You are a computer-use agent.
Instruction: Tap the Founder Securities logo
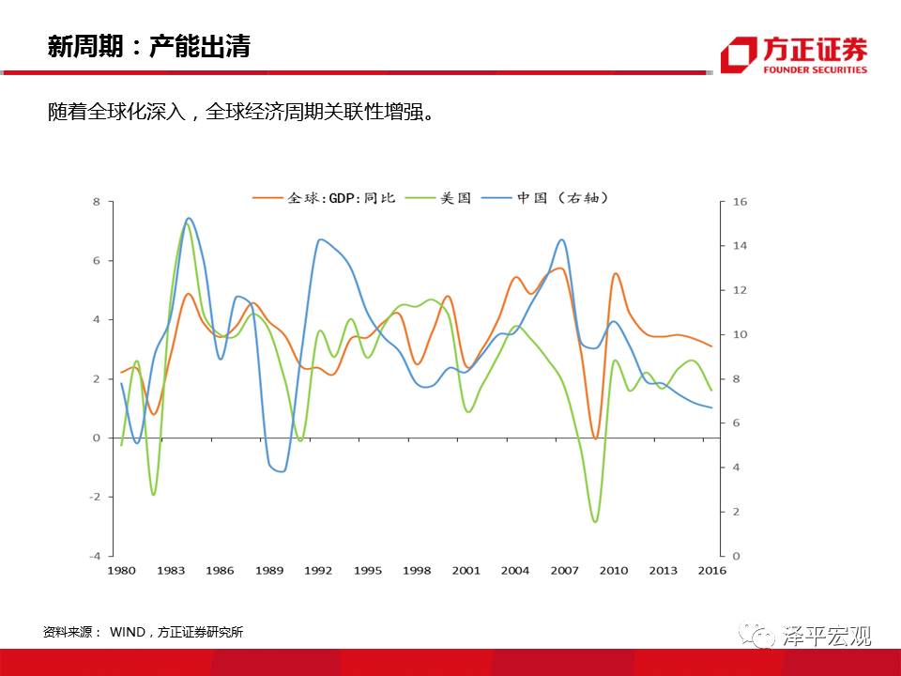tap(793, 55)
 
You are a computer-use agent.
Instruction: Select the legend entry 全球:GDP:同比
tap(325, 198)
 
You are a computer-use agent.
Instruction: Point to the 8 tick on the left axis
tap(96, 202)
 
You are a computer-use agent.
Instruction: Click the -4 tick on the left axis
tap(95, 556)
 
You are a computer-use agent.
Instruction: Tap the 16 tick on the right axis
tap(740, 202)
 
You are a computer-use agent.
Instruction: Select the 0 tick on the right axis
tap(736, 556)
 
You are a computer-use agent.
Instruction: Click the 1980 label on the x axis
tap(120, 570)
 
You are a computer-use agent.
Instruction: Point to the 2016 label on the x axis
tap(712, 570)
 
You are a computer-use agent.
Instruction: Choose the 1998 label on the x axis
tap(416, 570)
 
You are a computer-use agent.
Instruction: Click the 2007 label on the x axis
tap(564, 570)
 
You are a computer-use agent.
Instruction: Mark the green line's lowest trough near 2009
tap(595, 521)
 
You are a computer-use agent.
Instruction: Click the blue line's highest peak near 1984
tap(189, 219)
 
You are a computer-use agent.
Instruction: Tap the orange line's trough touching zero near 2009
tap(596, 438)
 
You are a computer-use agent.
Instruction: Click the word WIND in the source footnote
tap(127, 633)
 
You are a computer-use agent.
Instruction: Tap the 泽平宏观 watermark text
tap(827, 637)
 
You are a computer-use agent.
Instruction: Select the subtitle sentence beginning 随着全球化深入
tap(241, 113)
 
